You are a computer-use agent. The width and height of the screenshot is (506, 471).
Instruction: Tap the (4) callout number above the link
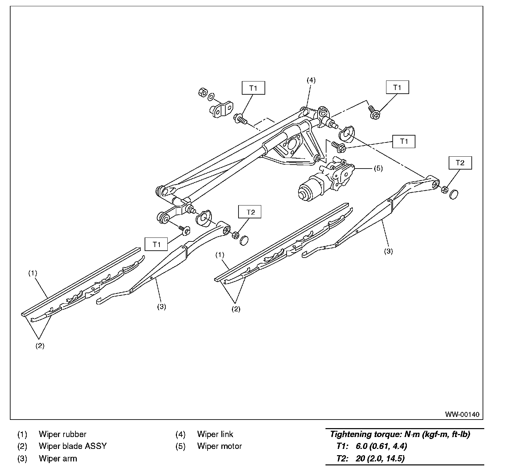(311, 80)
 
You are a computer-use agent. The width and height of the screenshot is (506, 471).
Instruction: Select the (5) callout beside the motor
(378, 169)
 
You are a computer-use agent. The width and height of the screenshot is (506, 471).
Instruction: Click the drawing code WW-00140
(463, 414)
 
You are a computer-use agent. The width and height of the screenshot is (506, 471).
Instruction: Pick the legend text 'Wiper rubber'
(63, 434)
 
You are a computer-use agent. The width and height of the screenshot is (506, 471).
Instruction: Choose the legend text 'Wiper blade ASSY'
(73, 446)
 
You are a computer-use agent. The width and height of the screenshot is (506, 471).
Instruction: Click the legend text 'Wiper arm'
(58, 458)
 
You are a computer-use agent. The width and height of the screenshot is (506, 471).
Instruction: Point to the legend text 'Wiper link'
(215, 434)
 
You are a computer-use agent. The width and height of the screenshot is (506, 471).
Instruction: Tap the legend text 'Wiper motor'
(219, 446)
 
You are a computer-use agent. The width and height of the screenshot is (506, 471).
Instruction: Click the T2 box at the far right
(460, 163)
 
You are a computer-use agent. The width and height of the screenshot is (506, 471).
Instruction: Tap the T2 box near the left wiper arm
(251, 212)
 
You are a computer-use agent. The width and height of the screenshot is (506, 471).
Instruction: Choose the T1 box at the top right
(397, 88)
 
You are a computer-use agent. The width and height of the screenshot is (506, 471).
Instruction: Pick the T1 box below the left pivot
(156, 244)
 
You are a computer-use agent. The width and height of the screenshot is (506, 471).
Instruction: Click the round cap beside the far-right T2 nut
(454, 195)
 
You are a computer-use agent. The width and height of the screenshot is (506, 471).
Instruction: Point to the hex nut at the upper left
(203, 92)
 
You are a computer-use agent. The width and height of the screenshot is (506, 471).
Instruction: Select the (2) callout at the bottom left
(40, 346)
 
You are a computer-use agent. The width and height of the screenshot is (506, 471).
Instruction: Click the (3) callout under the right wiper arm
(388, 251)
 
